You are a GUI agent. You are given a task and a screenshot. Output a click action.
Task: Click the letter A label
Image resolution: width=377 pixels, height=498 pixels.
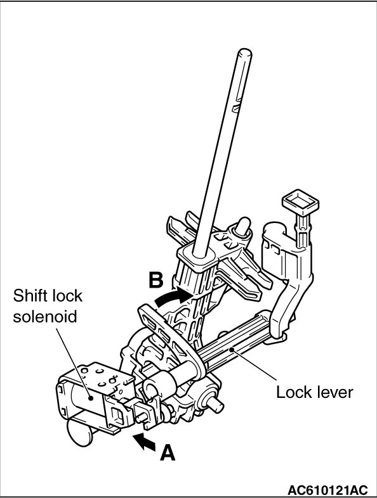[x=168, y=452]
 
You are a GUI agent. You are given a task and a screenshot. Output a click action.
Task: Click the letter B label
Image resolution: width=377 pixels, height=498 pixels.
[x=156, y=280]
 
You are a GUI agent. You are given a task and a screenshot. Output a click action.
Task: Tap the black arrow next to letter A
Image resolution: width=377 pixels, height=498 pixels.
[x=144, y=442]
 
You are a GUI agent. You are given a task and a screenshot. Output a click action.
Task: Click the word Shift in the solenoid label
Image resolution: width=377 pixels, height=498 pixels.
[x=32, y=296]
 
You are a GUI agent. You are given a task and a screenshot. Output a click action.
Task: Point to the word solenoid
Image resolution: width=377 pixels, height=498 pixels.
[x=45, y=316]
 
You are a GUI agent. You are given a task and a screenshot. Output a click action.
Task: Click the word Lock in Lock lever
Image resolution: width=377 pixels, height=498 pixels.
[x=293, y=392]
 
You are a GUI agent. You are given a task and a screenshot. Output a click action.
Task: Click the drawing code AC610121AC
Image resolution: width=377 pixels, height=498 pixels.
[x=327, y=489]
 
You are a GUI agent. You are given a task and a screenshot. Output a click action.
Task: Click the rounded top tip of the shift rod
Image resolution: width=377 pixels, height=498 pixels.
[x=244, y=53]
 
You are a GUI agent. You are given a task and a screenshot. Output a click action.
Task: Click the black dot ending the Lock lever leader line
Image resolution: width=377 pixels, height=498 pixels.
[x=233, y=350]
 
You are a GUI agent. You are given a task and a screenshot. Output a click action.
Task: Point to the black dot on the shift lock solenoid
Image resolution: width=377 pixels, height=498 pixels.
[x=91, y=398]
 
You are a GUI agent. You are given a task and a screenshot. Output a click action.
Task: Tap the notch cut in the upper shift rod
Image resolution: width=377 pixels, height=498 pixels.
[x=236, y=107]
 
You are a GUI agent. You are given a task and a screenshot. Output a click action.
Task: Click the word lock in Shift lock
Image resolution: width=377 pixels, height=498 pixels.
[x=69, y=296]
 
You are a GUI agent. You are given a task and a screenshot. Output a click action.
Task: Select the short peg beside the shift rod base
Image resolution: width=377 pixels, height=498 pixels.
[x=242, y=226]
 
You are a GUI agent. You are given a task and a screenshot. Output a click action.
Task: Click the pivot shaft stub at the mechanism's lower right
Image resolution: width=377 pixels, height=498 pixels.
[x=216, y=404]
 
